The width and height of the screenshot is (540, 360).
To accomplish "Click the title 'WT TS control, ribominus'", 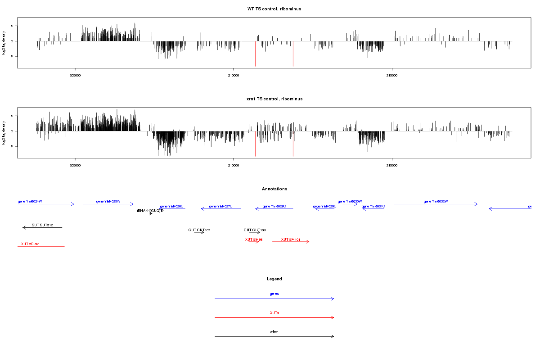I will point(274,9).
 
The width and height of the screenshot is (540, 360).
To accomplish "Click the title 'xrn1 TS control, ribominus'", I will point(274,99).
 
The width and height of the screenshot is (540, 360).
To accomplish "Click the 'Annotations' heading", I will point(274,189).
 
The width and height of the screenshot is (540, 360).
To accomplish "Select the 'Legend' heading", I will point(274,279).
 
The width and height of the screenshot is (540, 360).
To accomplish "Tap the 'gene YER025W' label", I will point(108,202).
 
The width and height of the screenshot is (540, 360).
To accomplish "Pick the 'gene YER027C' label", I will point(220,206).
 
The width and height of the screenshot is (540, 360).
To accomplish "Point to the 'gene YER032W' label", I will point(436,202).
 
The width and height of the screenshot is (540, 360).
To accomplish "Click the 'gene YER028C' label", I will point(274,206).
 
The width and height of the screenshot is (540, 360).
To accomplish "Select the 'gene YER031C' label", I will point(373,206).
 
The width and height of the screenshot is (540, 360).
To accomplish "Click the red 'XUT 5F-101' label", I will point(291,239).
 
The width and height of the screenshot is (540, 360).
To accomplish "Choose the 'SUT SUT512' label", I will point(42,225).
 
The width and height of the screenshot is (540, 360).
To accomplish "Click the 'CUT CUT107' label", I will point(199,230).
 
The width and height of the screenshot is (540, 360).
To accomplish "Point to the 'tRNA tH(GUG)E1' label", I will point(151,211).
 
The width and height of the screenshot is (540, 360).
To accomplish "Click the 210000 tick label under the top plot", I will point(234,76).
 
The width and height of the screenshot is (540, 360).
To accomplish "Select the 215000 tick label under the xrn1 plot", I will point(392,166).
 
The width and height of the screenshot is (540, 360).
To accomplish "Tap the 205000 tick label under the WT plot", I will point(75,76).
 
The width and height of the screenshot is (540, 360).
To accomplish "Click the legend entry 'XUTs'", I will point(274,313).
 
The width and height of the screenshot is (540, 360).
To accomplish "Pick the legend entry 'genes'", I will point(274,294).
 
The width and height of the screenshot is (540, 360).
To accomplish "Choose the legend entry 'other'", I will point(274,332).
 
